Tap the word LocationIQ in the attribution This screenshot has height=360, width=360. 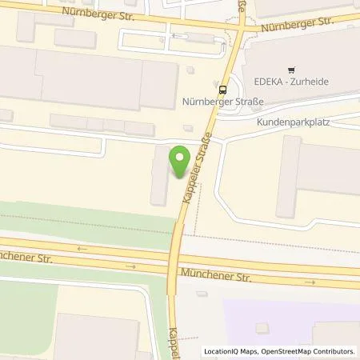[x=223, y=350]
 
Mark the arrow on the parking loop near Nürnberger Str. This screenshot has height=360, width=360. [x=179, y=36]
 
